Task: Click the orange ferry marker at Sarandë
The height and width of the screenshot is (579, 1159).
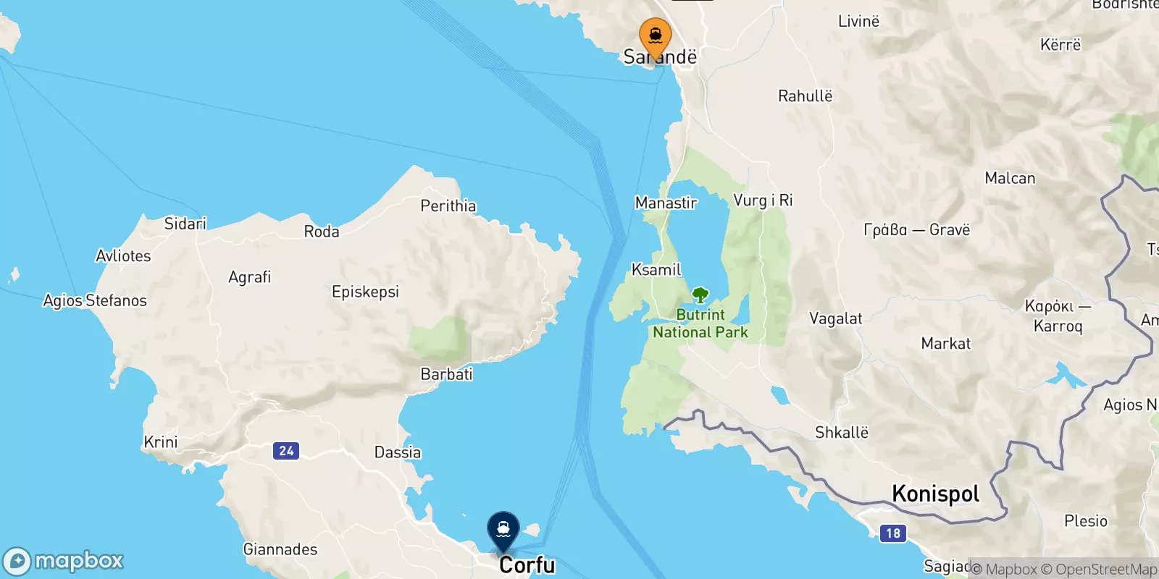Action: point(655,36)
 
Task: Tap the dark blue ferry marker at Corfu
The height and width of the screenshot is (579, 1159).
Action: point(503,530)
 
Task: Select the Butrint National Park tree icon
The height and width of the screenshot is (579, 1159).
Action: point(700,295)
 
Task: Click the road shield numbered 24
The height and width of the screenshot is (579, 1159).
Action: point(286,451)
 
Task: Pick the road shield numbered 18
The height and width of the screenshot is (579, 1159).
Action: point(893,533)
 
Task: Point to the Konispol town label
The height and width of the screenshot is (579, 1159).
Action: point(935,494)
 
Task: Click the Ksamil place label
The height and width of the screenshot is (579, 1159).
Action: point(656,270)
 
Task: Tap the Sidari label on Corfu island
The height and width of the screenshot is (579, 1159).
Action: point(185,224)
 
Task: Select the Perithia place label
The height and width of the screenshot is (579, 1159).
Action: point(448,206)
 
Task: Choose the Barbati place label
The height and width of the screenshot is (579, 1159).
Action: point(446,374)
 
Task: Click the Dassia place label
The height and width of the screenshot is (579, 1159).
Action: point(397,452)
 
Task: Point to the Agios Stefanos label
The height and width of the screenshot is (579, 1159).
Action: point(95,300)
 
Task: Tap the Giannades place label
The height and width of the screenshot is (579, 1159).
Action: point(280,549)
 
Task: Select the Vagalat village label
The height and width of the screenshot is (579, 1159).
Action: point(835,318)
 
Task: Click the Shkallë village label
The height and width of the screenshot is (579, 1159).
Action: point(841,433)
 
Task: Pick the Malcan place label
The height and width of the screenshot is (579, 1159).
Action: point(1010,178)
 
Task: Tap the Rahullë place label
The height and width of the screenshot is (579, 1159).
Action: point(805,96)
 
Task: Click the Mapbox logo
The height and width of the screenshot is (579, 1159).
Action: point(64,561)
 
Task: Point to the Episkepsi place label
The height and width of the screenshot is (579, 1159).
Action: point(365,292)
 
